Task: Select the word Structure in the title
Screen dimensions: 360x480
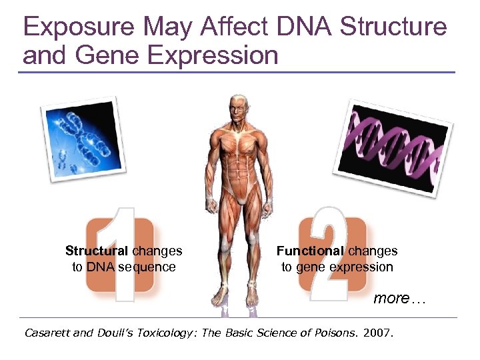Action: pos(393,27)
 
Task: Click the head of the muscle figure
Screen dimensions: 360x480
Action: pos(238,107)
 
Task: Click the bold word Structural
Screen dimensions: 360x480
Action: pos(97,251)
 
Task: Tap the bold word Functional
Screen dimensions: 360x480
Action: pos(310,251)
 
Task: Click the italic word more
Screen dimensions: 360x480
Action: pos(391,299)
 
